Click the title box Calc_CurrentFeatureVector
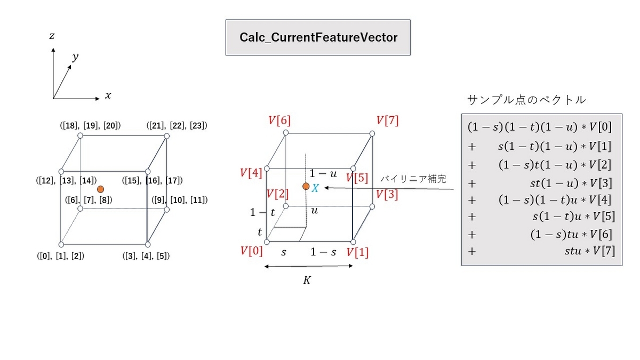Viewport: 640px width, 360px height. [318, 37]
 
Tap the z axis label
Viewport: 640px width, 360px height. [52, 36]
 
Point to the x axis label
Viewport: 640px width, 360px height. [108, 95]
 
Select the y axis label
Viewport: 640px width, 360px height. [75, 57]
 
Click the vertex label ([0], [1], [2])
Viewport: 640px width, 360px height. [61, 256]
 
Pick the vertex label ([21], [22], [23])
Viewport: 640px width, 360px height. [177, 125]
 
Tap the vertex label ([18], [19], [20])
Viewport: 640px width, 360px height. [90, 125]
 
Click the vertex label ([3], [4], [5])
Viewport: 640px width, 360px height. [146, 256]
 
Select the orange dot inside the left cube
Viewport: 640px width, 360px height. [100, 189]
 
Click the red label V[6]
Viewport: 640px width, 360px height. [279, 120]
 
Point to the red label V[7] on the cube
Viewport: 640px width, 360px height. [387, 121]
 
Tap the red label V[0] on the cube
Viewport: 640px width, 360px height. [251, 251]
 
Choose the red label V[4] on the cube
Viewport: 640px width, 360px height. [251, 173]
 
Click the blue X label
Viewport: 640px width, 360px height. [315, 188]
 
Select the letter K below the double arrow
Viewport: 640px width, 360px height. [307, 281]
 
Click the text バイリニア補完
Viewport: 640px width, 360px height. [413, 179]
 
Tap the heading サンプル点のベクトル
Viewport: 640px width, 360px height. [526, 100]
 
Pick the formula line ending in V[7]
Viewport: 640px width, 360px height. [541, 251]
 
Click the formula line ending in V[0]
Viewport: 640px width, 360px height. [540, 127]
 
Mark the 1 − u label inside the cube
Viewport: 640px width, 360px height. [323, 173]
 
